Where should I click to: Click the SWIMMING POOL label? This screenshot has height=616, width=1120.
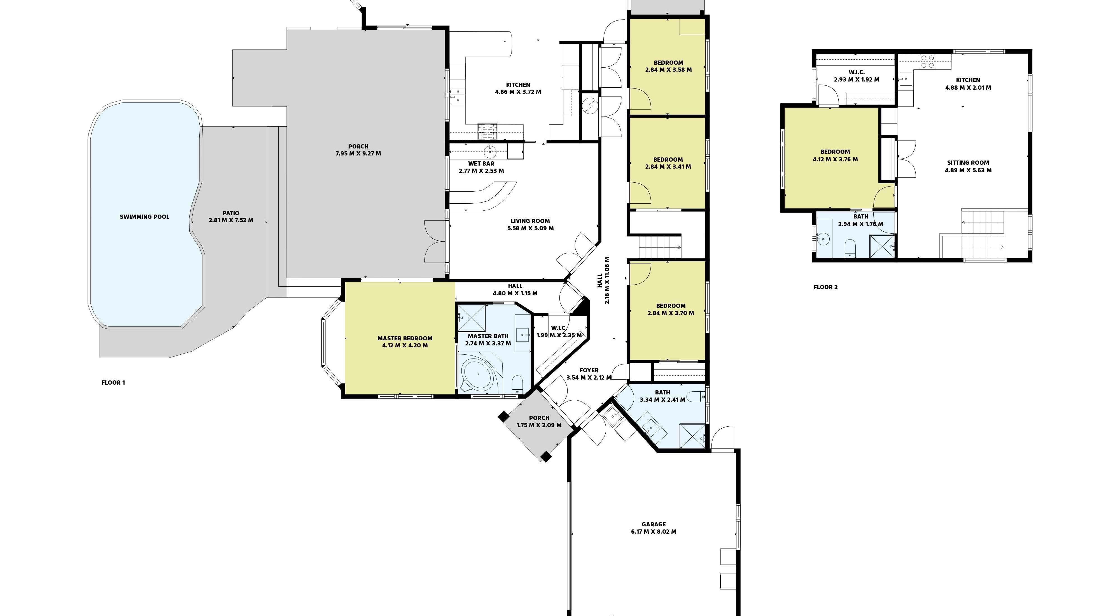(x=144, y=217)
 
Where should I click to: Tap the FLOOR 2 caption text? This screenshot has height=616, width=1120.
(x=825, y=287)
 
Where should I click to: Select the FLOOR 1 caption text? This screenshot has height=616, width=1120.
(x=113, y=383)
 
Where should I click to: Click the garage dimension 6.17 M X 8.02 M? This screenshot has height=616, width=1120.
(x=654, y=532)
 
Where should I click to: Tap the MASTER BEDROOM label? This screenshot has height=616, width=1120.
(x=405, y=338)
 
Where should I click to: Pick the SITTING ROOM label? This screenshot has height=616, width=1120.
(x=968, y=163)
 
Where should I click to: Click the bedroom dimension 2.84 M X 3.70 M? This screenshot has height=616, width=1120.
(x=670, y=313)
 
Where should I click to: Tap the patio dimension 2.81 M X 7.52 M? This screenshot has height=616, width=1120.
(x=231, y=220)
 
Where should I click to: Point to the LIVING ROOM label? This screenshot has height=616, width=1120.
(x=530, y=221)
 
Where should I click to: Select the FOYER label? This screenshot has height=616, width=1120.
(x=589, y=370)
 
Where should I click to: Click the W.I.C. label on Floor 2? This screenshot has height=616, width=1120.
(x=856, y=72)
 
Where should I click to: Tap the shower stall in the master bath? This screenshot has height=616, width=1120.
(x=471, y=318)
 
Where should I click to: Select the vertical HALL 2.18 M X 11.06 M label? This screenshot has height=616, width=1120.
(x=603, y=281)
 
